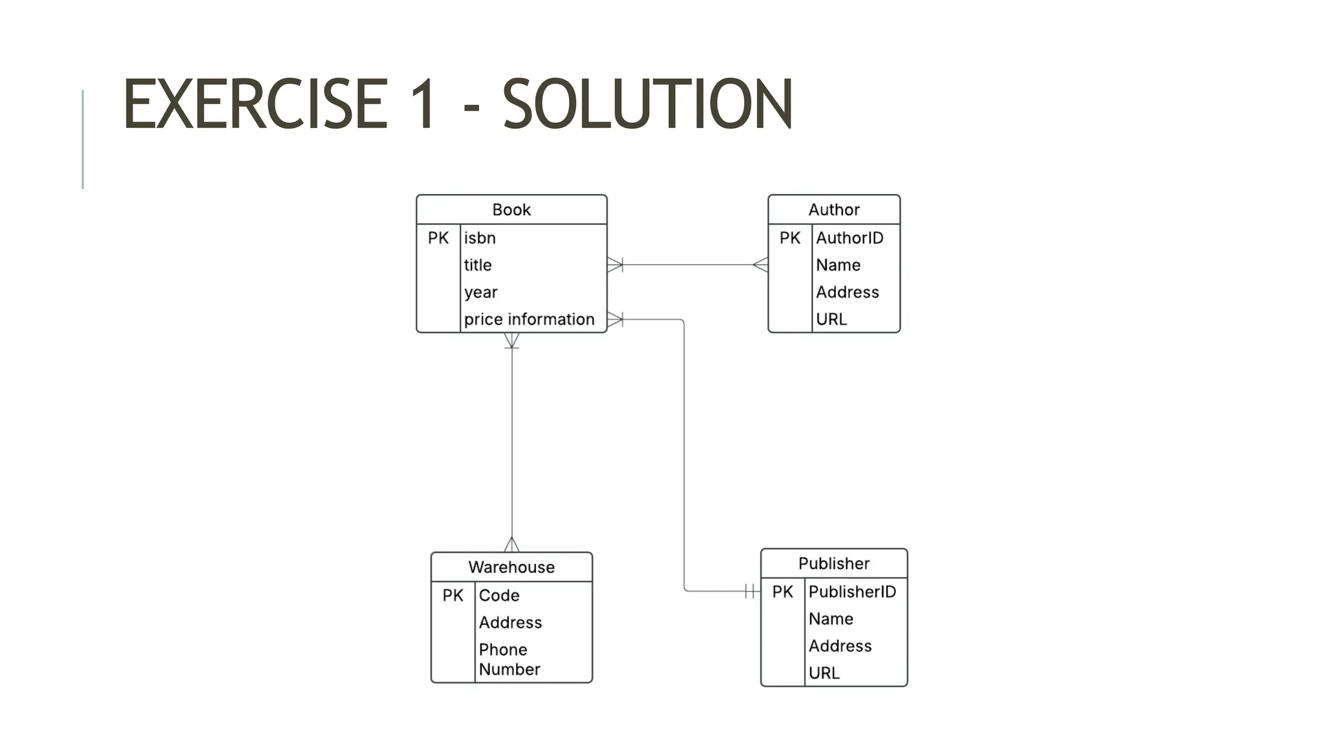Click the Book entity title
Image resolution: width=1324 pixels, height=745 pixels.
[x=511, y=210]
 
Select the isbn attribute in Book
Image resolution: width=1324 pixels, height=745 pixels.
[x=480, y=238]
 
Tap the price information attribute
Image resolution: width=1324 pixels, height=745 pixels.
[x=529, y=319]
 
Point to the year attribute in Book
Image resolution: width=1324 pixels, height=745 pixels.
[x=480, y=292]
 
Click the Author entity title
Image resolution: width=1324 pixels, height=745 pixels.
[x=833, y=210]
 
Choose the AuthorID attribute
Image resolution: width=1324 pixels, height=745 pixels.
[x=849, y=238]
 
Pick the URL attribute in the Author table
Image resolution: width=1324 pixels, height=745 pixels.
[x=831, y=319]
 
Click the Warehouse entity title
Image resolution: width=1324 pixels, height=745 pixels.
[x=511, y=567]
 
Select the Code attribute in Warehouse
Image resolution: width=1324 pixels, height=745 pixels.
[x=498, y=596]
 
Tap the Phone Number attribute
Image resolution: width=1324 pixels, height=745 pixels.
[x=509, y=659]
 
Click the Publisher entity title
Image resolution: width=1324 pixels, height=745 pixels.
[x=833, y=563]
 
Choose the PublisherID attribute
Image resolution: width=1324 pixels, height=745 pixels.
[x=851, y=592]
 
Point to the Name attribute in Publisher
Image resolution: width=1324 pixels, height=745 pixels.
[x=830, y=619]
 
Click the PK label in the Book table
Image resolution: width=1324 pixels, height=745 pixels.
[x=438, y=238]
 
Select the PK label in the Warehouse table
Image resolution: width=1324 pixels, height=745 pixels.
[x=453, y=596]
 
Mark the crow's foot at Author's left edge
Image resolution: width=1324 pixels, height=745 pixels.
[x=761, y=265]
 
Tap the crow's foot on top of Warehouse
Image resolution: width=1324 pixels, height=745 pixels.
[x=511, y=545]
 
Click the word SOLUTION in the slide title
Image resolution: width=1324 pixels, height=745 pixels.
[x=647, y=103]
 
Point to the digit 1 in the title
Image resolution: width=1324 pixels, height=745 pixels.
[x=423, y=103]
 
